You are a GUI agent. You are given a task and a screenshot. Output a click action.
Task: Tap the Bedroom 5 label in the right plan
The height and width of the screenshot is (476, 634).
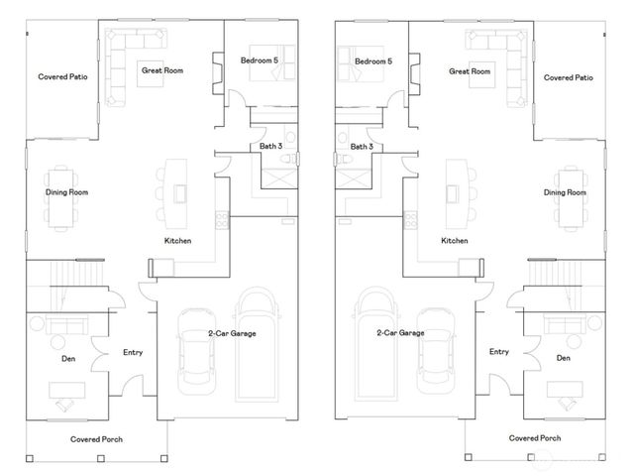pos(374,60)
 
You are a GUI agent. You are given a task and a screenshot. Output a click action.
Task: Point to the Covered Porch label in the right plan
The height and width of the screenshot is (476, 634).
pos(535,437)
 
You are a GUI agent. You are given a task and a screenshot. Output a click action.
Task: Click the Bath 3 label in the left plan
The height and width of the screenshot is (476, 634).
pos(271,147)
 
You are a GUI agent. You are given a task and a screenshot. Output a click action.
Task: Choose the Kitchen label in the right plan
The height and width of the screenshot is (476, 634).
pos(455,241)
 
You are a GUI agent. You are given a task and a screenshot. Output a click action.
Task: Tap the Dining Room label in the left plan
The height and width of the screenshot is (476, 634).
pos(67,192)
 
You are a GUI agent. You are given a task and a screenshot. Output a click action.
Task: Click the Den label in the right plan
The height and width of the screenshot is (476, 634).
pos(564,357)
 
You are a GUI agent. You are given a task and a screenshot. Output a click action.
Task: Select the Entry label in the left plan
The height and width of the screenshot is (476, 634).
pos(133,352)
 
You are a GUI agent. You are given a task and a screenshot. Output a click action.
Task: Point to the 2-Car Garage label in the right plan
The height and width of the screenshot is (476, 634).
pos(400,333)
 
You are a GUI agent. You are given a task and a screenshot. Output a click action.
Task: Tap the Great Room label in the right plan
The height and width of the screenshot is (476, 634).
pos(470,70)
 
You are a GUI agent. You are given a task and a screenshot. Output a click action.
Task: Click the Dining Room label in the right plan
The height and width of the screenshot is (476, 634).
pos(566,192)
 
